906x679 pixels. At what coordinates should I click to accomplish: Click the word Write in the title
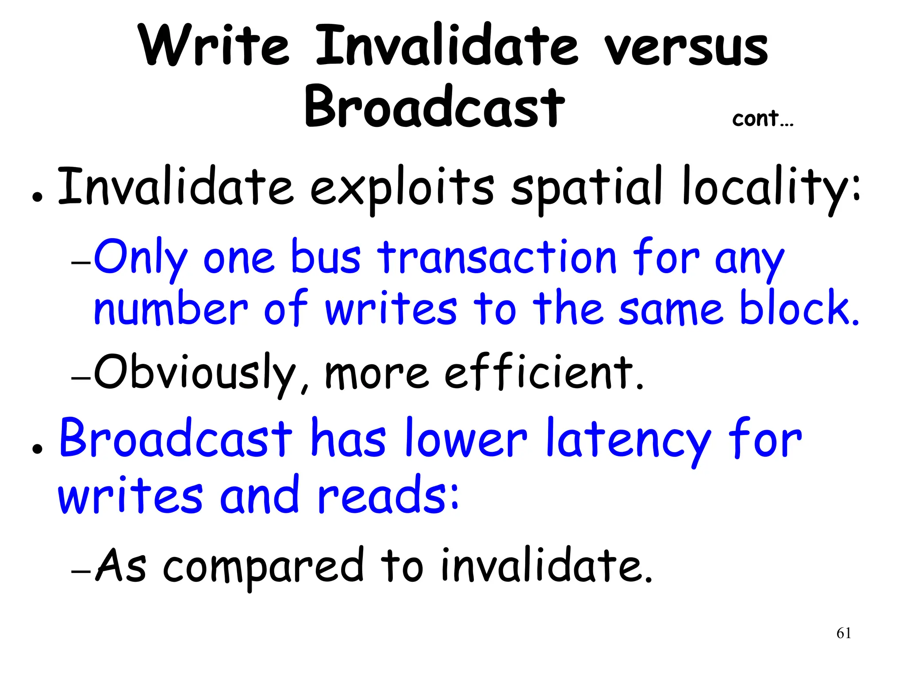coord(214,46)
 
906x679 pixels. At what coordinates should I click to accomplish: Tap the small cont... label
coord(763,119)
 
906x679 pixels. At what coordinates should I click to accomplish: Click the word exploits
coord(402,188)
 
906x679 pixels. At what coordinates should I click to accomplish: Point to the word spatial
coord(587,188)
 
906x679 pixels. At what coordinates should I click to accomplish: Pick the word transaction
coord(497,258)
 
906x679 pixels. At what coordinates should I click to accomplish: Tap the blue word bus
coord(326,258)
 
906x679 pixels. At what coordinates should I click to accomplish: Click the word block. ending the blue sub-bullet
coord(799,308)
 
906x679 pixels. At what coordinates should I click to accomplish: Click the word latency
coord(628,439)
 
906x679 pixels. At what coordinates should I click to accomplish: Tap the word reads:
coord(388,496)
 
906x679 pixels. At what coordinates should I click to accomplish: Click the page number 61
coord(844,633)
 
